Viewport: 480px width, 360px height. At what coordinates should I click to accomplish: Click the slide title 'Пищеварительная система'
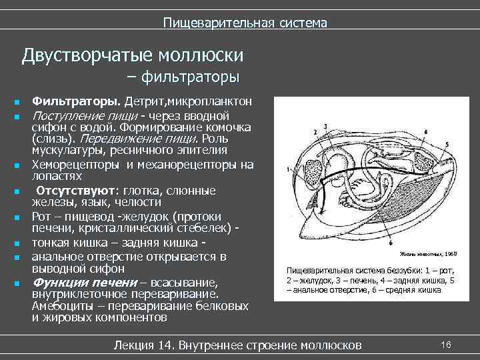(x=245, y=23)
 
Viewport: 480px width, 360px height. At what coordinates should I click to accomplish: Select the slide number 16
(x=446, y=344)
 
